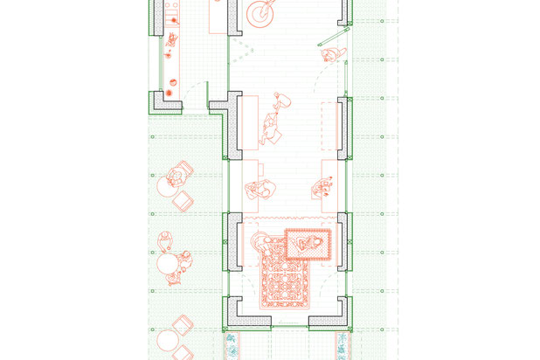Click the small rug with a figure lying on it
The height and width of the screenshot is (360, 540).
[x=308, y=243]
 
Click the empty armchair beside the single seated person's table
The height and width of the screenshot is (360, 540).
[x=182, y=201]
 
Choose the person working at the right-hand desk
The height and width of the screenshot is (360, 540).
[x=321, y=186]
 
